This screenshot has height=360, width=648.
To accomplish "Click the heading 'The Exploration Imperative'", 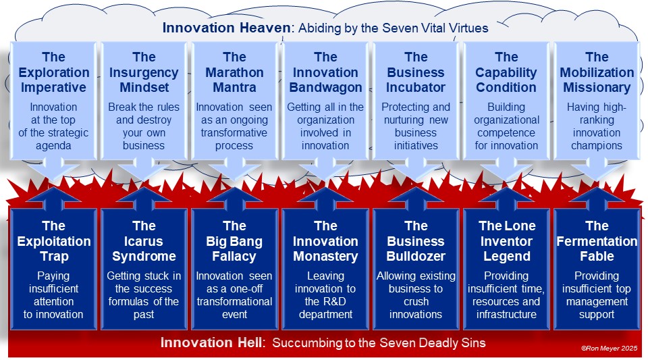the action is [x=54, y=72].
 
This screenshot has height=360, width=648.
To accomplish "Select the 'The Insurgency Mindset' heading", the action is [x=144, y=72].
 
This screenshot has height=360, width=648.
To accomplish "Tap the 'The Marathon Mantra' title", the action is [x=234, y=72].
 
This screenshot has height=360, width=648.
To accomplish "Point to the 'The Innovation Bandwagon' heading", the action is [x=325, y=72].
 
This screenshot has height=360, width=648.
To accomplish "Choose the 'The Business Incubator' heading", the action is [x=416, y=72].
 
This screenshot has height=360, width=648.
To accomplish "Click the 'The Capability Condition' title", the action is [x=506, y=72].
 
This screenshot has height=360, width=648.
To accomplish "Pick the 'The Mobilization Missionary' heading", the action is [x=597, y=72].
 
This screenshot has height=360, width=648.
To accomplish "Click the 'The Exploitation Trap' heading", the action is [x=54, y=241].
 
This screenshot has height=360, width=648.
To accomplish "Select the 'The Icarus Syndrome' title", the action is [x=144, y=241].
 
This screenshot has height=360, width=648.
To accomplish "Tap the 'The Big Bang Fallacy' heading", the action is [x=234, y=241].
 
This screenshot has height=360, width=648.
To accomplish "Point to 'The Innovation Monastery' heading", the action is [x=325, y=241].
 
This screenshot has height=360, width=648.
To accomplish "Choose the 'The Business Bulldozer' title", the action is [x=416, y=241].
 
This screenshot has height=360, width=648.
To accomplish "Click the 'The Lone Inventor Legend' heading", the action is [x=507, y=241].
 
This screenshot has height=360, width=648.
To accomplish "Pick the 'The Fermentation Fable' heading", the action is [x=597, y=241].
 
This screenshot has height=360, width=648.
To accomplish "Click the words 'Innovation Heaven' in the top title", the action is [x=227, y=28].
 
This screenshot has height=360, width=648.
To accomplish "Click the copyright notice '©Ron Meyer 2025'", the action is [x=609, y=349].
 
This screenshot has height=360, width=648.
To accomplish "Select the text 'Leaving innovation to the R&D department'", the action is [x=325, y=295].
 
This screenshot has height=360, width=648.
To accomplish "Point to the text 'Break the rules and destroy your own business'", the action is [x=144, y=126].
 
